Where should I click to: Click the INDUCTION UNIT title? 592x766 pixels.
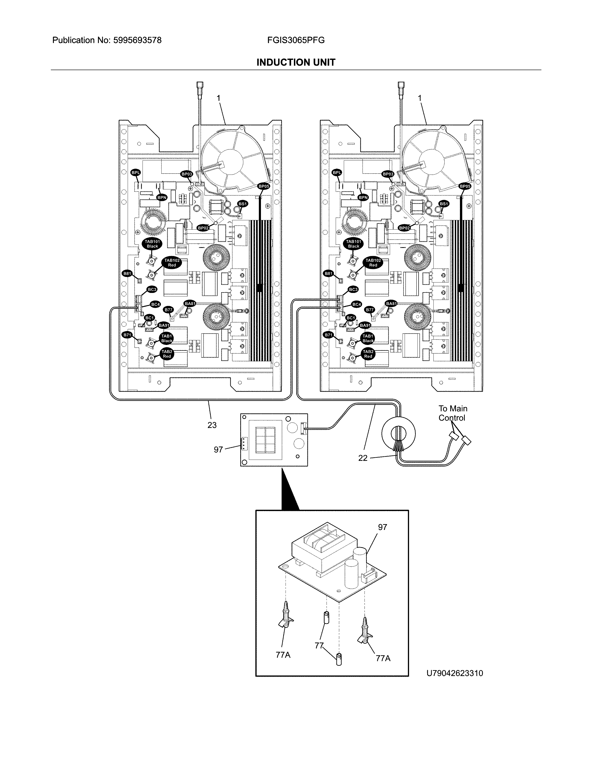[296, 62]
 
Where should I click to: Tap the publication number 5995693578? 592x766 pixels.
[137, 40]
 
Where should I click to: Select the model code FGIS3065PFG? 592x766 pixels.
[296, 40]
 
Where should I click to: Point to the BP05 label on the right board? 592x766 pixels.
[465, 186]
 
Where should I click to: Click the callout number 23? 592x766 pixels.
[212, 425]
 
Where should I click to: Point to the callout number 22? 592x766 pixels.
[363, 458]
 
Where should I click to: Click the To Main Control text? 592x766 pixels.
[453, 413]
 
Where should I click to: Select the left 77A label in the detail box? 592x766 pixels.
[283, 655]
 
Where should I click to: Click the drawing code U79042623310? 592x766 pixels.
[455, 673]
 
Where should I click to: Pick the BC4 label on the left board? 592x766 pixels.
[155, 304]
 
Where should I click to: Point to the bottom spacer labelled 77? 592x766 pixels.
[339, 659]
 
